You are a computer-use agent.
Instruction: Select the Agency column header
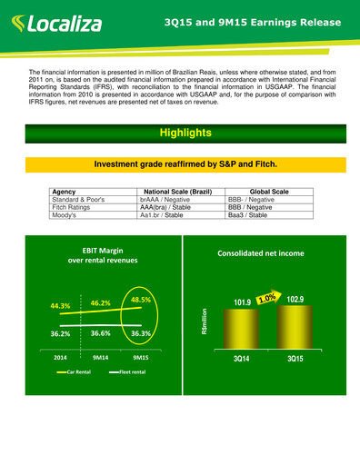click(x=65, y=192)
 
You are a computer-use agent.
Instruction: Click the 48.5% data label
click(x=141, y=299)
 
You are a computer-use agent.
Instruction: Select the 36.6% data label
click(x=100, y=333)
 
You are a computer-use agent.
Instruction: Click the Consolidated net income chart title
click(x=260, y=253)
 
